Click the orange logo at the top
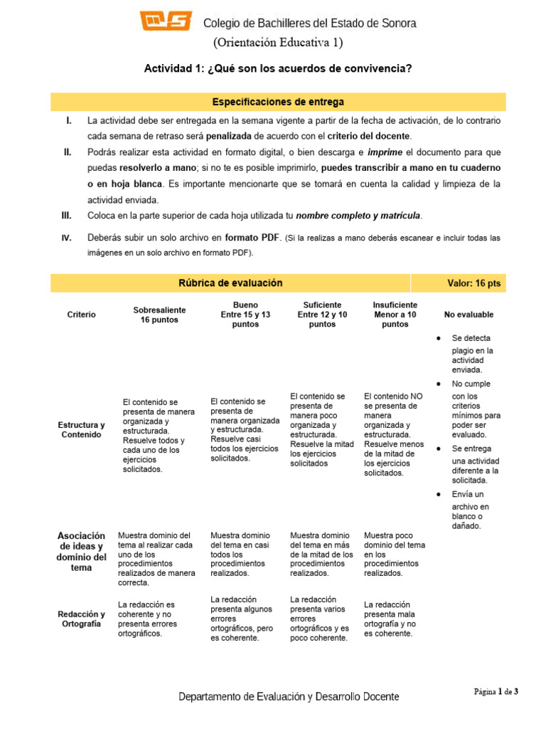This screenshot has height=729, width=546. click(x=166, y=22)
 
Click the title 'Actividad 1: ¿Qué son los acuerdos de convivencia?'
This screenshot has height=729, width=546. click(x=278, y=69)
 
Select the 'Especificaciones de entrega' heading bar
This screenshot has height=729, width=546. click(x=278, y=102)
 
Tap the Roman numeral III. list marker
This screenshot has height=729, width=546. click(x=68, y=215)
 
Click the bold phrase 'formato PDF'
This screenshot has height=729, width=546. click(x=253, y=237)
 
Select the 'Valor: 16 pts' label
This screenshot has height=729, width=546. click(x=473, y=283)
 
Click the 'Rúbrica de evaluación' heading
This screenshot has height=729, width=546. click(x=230, y=283)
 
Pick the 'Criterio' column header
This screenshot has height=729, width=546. click(x=82, y=315)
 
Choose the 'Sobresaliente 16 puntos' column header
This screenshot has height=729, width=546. click(x=159, y=315)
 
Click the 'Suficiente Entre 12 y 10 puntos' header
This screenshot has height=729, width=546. click(x=322, y=314)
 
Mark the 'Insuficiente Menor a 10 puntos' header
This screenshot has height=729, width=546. click(x=395, y=314)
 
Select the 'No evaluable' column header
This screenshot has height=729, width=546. click(x=469, y=315)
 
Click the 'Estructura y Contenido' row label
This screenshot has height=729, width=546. click(x=82, y=430)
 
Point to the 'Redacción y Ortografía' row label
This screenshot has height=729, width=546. click(x=82, y=619)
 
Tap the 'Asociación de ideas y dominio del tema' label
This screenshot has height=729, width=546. click(x=82, y=552)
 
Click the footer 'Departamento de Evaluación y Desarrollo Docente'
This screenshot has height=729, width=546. click(x=289, y=697)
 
